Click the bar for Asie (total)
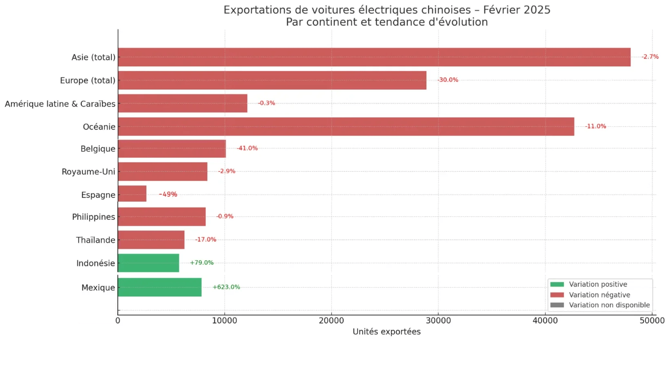point(374,57)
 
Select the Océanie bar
point(346,127)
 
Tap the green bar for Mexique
point(159,287)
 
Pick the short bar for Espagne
point(132,194)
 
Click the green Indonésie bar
point(148,263)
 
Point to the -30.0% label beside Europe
point(448,80)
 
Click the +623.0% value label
point(226,287)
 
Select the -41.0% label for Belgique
point(247,148)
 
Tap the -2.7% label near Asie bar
point(650,57)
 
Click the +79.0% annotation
point(201,263)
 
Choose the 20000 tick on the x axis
point(331,321)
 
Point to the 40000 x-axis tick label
point(545,321)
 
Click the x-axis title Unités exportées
point(386,332)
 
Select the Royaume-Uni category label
point(88,172)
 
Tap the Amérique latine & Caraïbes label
point(60,104)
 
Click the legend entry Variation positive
point(598,284)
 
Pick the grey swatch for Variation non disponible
point(557,305)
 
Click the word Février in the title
point(500,10)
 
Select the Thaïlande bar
point(151,240)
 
